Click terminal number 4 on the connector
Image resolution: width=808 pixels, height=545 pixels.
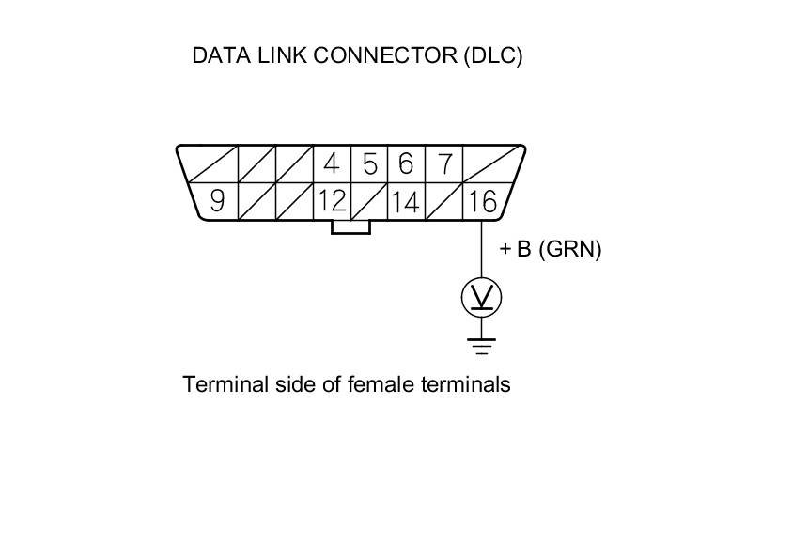pos(331,164)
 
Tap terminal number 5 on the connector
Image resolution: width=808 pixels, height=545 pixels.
pos(369,164)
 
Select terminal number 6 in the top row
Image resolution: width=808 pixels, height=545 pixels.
pos(406,164)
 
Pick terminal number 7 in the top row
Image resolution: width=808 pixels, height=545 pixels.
pos(443,164)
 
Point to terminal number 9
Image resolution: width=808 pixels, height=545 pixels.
pos(217,201)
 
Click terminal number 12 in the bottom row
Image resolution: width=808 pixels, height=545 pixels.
pos(332,201)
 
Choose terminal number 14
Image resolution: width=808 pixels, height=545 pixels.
pos(406,201)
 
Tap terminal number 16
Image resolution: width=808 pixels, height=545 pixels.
pos(481,201)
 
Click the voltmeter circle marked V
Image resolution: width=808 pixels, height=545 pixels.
pos(481,297)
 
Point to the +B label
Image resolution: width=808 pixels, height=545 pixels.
pos(516,249)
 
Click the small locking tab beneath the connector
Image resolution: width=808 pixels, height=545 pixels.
pos(350,226)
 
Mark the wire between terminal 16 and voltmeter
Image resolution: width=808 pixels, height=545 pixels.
pos(481,249)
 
